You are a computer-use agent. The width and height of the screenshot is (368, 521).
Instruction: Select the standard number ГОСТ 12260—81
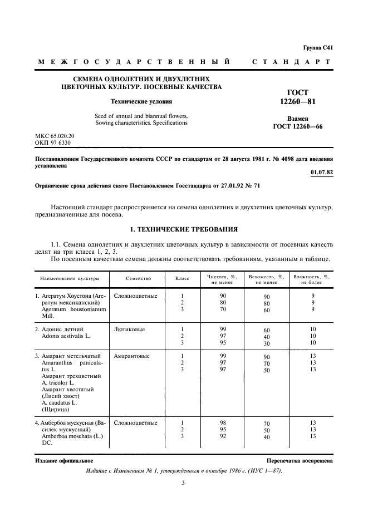[297, 97]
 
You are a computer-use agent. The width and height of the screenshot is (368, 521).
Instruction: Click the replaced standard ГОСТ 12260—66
[297, 126]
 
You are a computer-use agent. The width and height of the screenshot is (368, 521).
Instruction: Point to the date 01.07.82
[322, 173]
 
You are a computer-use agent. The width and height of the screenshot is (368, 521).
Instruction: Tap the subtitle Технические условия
[141, 102]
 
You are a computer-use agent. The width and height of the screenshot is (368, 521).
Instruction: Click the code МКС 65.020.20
[55, 135]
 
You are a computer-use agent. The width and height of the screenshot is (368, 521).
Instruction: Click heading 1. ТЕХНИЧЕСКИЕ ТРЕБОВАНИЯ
[184, 229]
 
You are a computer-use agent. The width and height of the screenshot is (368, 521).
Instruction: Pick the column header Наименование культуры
[70, 277]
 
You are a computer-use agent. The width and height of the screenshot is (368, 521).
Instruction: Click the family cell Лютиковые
[129, 330]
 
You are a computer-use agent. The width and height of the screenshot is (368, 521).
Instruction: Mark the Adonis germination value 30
[267, 343]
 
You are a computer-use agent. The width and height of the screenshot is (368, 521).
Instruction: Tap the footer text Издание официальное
[56, 461]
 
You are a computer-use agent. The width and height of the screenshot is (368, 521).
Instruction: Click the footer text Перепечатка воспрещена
[300, 461]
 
